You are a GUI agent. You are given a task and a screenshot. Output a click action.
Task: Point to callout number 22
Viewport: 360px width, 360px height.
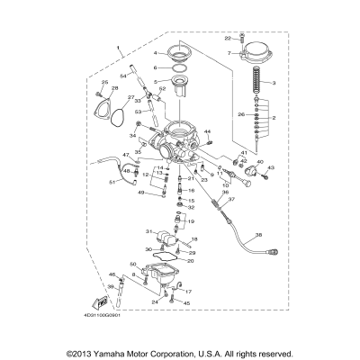pos(229,38)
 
